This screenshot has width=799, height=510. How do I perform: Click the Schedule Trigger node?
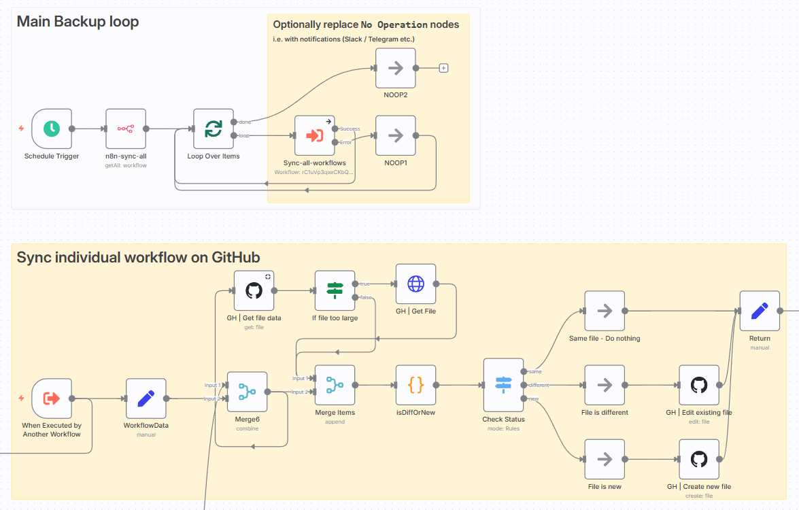click(x=52, y=129)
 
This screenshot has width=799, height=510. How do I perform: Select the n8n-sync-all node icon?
click(x=126, y=129)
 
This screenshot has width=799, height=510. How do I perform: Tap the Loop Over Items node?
click(x=214, y=129)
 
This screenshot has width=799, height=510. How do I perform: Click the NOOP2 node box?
click(x=395, y=68)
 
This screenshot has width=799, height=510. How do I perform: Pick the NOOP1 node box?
click(x=395, y=136)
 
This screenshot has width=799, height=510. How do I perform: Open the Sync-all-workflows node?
click(x=314, y=135)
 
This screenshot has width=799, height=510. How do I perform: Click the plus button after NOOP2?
click(x=443, y=68)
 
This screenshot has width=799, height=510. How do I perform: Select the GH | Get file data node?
click(x=254, y=290)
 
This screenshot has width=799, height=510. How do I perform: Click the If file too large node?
click(x=335, y=290)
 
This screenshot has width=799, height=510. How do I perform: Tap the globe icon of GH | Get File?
click(x=415, y=284)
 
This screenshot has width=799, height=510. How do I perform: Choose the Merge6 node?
click(x=247, y=392)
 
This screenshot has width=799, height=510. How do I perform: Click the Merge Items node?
click(x=335, y=385)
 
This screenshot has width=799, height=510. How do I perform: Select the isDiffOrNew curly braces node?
click(x=415, y=385)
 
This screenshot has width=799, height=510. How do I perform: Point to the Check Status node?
click(x=503, y=385)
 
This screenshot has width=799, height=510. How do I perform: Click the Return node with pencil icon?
click(x=760, y=311)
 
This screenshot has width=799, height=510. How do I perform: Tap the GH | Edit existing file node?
click(x=699, y=385)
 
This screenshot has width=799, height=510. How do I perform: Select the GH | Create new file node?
click(x=699, y=459)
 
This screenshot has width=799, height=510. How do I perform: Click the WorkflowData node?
click(x=146, y=398)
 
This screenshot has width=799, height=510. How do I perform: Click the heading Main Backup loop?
click(x=78, y=21)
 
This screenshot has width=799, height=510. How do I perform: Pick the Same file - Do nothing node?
click(x=605, y=311)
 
